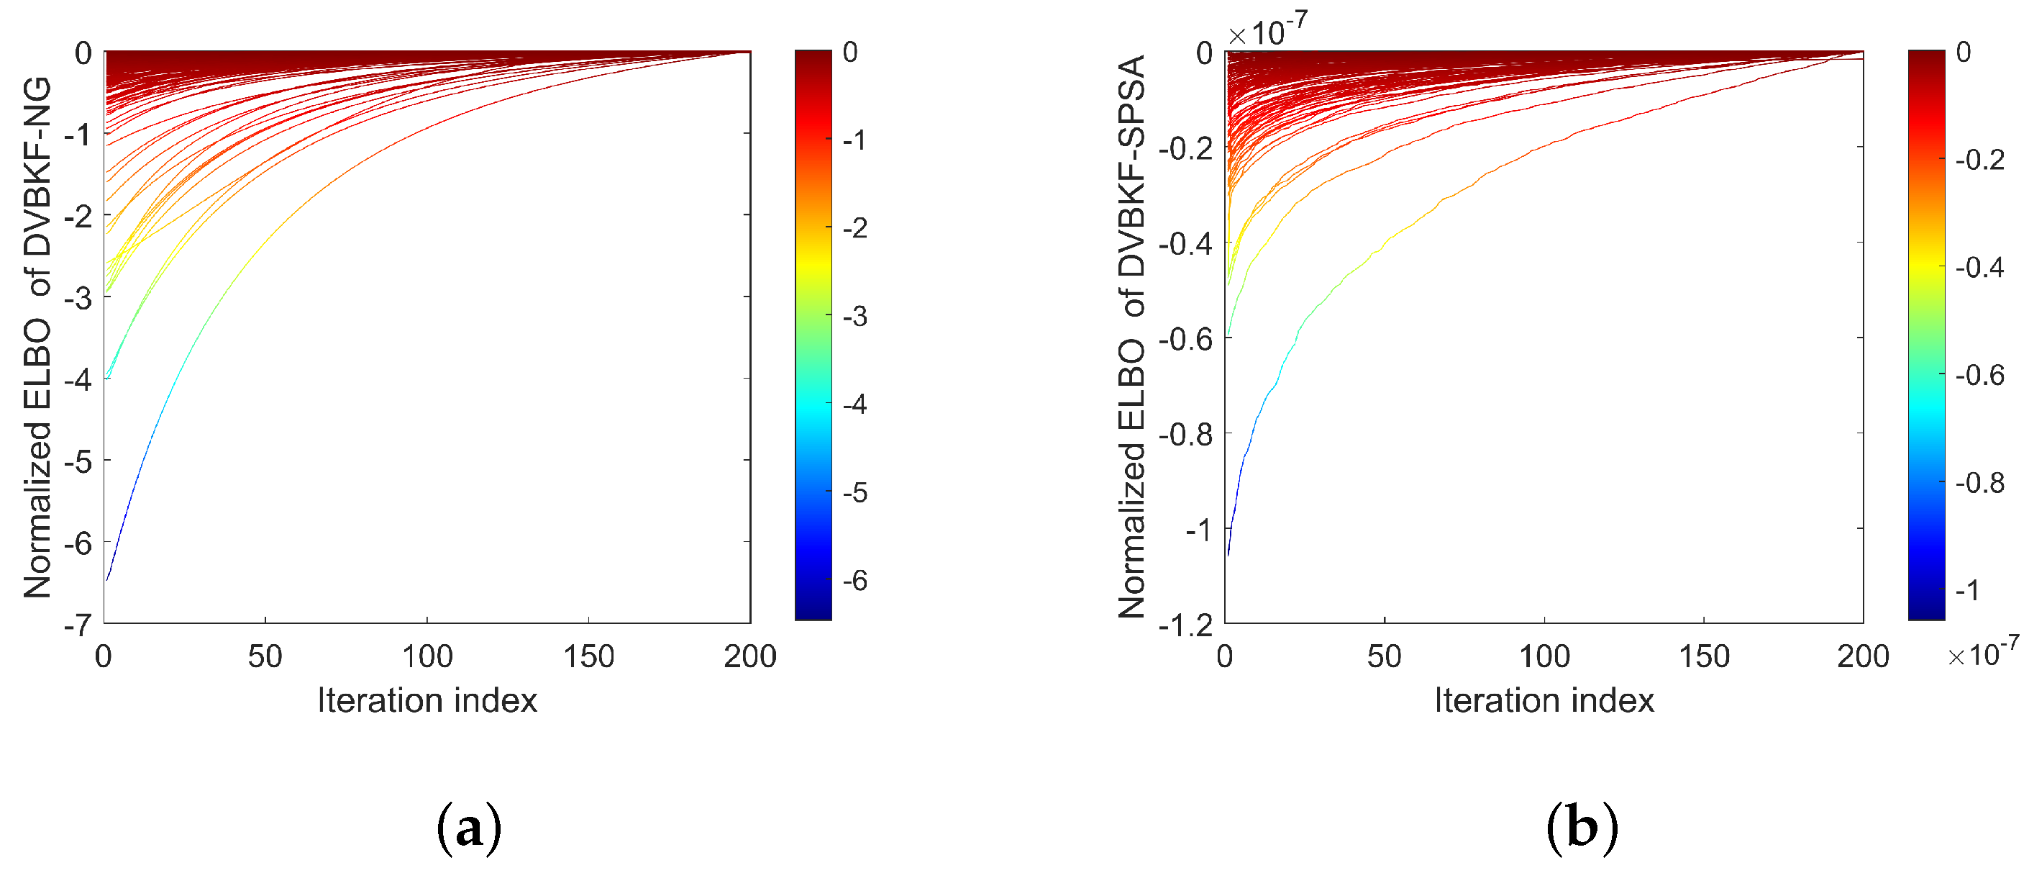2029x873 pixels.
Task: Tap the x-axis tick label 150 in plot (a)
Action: [588, 656]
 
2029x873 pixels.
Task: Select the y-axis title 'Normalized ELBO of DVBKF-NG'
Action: [37, 338]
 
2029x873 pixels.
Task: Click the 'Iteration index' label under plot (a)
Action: [427, 700]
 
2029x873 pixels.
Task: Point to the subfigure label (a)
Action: [469, 828]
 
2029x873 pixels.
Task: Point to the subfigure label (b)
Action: [1582, 828]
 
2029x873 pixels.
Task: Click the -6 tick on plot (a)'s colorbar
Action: [854, 581]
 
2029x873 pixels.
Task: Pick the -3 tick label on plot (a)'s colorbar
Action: [854, 316]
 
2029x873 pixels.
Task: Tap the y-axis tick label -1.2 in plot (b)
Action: [1185, 625]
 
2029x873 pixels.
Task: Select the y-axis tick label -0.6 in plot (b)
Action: [1185, 339]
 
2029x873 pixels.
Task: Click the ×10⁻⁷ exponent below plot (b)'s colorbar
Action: [1982, 652]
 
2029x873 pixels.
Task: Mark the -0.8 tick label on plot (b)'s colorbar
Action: [1980, 482]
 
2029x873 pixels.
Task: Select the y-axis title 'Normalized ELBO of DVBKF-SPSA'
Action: [1132, 338]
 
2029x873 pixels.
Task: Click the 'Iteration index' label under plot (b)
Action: [1544, 700]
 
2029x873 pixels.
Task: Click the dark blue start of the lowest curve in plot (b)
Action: [1228, 553]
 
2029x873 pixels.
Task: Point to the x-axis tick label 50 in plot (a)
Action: [265, 656]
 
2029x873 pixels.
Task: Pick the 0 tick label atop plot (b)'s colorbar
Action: [1964, 52]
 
